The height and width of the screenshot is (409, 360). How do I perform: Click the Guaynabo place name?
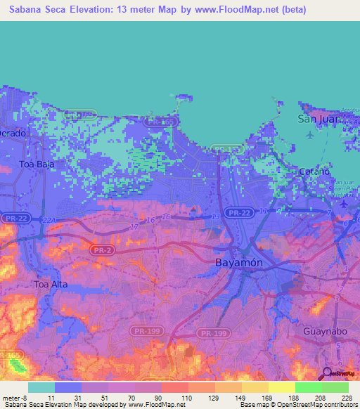(x=326, y=328)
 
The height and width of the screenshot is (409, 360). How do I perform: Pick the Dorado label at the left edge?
(x=13, y=132)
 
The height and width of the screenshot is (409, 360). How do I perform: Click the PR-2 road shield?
(x=101, y=248)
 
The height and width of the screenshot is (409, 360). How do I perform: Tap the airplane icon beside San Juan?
(x=309, y=135)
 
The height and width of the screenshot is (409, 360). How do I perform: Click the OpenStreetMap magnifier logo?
(x=327, y=373)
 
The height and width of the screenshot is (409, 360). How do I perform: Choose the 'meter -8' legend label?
(x=14, y=397)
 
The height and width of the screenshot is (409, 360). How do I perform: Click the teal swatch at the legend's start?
(x=41, y=387)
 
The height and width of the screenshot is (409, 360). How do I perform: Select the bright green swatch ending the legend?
(x=335, y=387)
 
